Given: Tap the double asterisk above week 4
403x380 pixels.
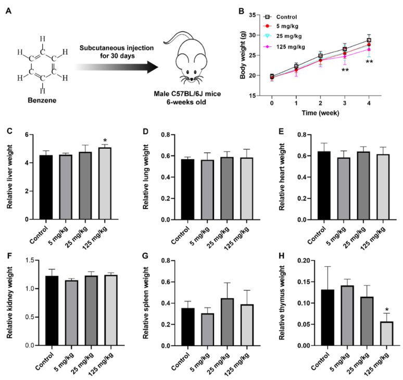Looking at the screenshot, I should (x=369, y=63).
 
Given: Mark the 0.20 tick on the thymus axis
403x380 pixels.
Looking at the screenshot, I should (x=296, y=260).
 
